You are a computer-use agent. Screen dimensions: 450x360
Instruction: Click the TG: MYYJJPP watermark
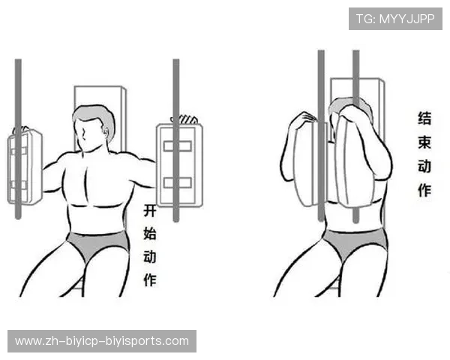point(395,19)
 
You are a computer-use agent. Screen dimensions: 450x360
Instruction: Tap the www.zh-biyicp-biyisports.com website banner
point(102,341)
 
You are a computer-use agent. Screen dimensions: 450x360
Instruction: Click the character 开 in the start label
point(150,211)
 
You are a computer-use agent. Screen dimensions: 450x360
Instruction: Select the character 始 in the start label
point(150,233)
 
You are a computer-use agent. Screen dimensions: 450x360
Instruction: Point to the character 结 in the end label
point(424,118)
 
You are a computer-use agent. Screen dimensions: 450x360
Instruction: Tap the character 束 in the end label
point(424,142)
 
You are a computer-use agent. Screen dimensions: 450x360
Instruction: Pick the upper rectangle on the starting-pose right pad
point(178,146)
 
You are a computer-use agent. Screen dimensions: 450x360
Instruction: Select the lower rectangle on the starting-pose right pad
point(178,183)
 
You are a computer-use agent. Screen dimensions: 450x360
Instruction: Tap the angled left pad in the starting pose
point(25,166)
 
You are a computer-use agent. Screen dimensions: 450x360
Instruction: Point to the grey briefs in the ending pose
point(355,242)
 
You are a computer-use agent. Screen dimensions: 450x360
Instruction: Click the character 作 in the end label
point(424,190)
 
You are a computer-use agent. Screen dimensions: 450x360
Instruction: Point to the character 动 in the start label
point(150,257)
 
